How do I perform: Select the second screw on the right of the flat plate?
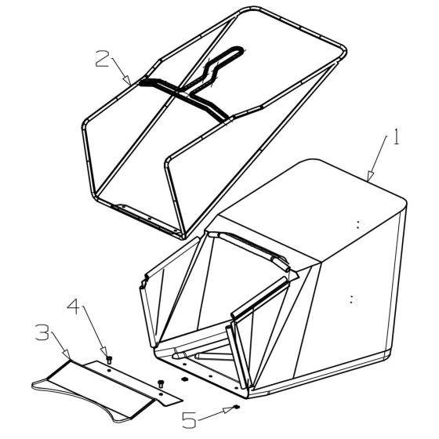(x=161, y=382)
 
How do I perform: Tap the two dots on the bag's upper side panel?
(x=359, y=223)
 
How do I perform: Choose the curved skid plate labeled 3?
(x=86, y=386)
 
